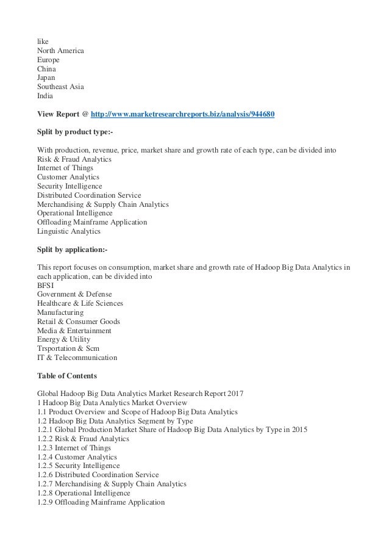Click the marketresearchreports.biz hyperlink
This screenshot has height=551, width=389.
[x=183, y=113]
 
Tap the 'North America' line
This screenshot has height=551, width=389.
[x=60, y=51]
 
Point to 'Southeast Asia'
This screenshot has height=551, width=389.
[x=60, y=87]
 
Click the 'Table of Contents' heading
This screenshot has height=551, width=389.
[x=67, y=376]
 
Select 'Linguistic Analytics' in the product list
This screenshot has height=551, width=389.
[x=69, y=231]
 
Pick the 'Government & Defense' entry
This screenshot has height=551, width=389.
[x=74, y=294]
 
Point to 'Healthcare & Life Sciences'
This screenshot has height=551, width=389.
[x=80, y=303]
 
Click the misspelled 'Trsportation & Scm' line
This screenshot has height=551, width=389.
[x=68, y=348]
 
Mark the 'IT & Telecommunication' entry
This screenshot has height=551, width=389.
[x=77, y=358]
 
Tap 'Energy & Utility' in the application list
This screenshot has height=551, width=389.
[x=63, y=339]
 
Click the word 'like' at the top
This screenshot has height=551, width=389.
[x=43, y=41]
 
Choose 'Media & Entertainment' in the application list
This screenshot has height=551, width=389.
[x=74, y=330]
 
